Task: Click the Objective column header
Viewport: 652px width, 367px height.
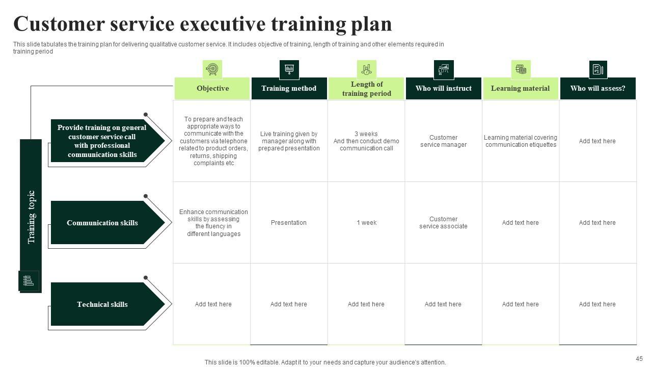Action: (x=212, y=89)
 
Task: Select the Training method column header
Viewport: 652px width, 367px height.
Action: (x=289, y=89)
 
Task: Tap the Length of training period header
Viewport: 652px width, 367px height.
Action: (x=366, y=89)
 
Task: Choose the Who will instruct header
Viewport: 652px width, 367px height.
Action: (x=443, y=89)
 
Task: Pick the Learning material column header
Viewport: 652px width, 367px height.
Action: (x=520, y=89)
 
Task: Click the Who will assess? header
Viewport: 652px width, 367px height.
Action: (x=597, y=89)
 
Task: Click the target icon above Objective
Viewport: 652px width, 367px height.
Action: (x=212, y=69)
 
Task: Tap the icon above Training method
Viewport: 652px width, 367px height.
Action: (x=289, y=69)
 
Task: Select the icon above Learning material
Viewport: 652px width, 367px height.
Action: (x=521, y=69)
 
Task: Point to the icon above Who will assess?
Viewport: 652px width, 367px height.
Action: (x=598, y=69)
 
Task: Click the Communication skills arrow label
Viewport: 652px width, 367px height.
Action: (x=102, y=223)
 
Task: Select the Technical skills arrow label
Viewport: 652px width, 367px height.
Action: (x=102, y=304)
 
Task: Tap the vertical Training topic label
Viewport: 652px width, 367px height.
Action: (x=31, y=217)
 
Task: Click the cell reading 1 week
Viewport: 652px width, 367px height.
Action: (x=366, y=223)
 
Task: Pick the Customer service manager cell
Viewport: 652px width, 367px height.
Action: (x=443, y=141)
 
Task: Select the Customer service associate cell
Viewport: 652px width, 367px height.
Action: (x=443, y=223)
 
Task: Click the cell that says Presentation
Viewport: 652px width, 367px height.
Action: (x=289, y=223)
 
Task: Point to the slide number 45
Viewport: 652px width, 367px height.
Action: (x=639, y=359)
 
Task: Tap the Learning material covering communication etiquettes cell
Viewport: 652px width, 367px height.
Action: (x=520, y=141)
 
